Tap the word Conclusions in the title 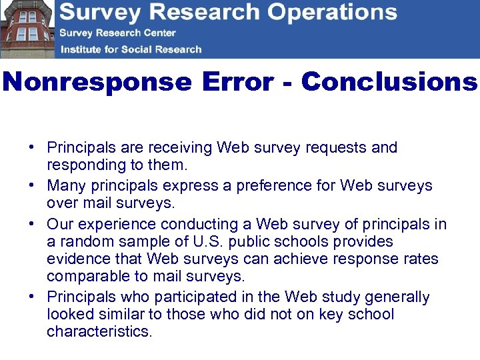[x=389, y=82]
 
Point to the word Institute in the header [x=83, y=49]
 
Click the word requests [x=337, y=147]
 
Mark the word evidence [x=80, y=259]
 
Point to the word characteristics [x=99, y=331]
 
